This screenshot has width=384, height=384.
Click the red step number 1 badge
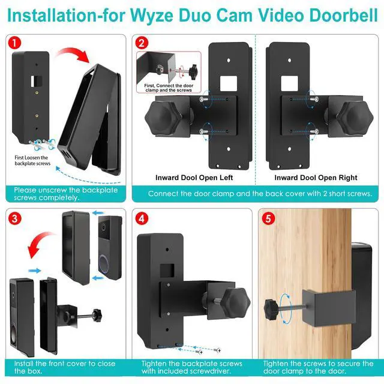pyautogui.click(x=14, y=43)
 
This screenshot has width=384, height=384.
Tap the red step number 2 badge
pyautogui.click(x=142, y=43)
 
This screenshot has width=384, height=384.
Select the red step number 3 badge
pyautogui.click(x=14, y=218)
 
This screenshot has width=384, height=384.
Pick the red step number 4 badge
pyautogui.click(x=142, y=218)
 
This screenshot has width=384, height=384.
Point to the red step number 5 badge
pyautogui.click(x=268, y=218)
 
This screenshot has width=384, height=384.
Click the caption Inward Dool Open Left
pyautogui.click(x=194, y=178)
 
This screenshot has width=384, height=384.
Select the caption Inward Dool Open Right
pyautogui.click(x=316, y=178)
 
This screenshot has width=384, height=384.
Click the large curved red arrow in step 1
pyautogui.click(x=73, y=53)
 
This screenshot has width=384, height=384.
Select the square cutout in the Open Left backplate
pyautogui.click(x=228, y=83)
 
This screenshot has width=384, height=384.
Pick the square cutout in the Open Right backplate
pyautogui.click(x=289, y=83)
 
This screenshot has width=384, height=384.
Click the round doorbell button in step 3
pyautogui.click(x=104, y=263)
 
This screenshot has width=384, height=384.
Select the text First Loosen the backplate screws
pyautogui.click(x=32, y=160)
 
